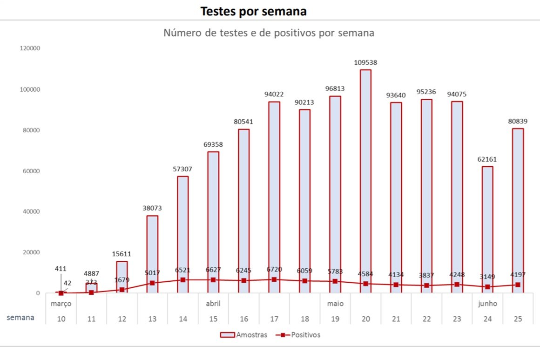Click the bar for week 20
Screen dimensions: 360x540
[x=365, y=181]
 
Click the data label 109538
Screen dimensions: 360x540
[x=365, y=61]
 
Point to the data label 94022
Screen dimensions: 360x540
[x=274, y=94]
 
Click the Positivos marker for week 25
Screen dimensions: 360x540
[x=518, y=285]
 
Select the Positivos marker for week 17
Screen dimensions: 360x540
[x=274, y=279]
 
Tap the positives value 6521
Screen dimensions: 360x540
[x=182, y=270]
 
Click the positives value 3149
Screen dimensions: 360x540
[x=487, y=278]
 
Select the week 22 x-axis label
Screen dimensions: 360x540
[x=426, y=319]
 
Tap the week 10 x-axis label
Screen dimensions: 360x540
[x=61, y=319]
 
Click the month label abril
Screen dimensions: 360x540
[x=213, y=304]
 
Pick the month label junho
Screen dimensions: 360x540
[x=487, y=304]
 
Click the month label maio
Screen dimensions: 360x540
[x=335, y=304]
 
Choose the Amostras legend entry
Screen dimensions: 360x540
[x=244, y=335]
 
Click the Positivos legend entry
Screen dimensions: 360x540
[x=298, y=335]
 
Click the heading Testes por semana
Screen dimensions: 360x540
[x=253, y=11]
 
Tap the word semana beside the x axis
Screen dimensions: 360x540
[x=20, y=318]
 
